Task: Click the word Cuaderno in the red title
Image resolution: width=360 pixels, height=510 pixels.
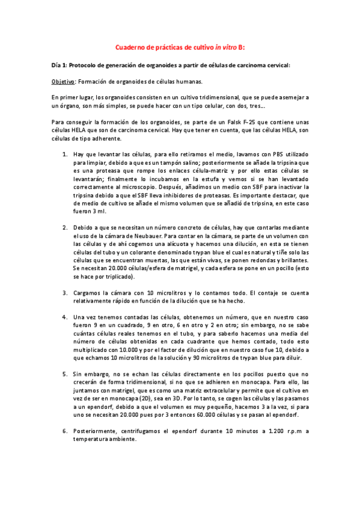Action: click(x=130, y=46)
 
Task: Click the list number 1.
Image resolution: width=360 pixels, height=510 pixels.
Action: click(x=65, y=155)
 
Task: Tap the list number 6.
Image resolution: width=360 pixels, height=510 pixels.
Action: click(x=65, y=431)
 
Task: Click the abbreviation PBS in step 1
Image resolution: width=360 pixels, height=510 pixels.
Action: click(x=248, y=155)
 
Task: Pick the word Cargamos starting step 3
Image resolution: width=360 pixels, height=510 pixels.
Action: click(x=89, y=293)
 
